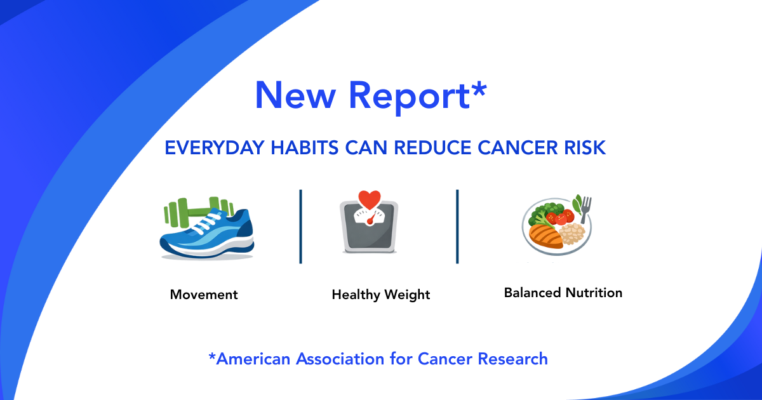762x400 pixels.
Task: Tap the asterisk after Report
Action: click(477, 88)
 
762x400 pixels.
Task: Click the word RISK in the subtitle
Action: click(584, 148)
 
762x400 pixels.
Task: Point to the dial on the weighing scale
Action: click(369, 218)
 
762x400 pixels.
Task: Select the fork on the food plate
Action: click(585, 209)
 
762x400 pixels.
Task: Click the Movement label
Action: click(204, 295)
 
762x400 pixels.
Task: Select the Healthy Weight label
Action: click(381, 295)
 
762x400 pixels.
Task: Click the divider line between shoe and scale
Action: click(301, 226)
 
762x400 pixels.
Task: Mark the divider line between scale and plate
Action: click(457, 226)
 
